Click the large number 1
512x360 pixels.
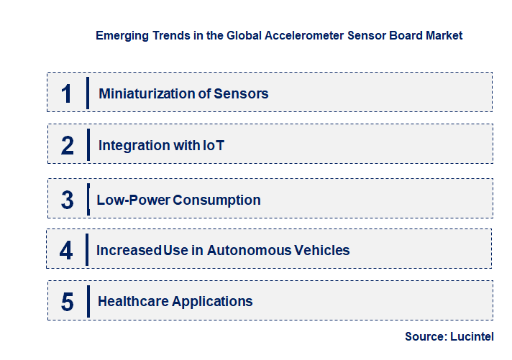[x=67, y=93]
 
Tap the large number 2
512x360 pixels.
[x=67, y=146]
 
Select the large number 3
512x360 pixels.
[x=67, y=200]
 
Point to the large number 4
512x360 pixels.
[x=67, y=251]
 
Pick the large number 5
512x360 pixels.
[x=67, y=302]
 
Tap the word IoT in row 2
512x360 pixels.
[x=212, y=146]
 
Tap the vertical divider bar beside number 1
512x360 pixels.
[x=87, y=93]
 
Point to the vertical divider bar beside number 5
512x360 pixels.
[x=87, y=300]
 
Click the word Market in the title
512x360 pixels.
[x=444, y=34]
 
